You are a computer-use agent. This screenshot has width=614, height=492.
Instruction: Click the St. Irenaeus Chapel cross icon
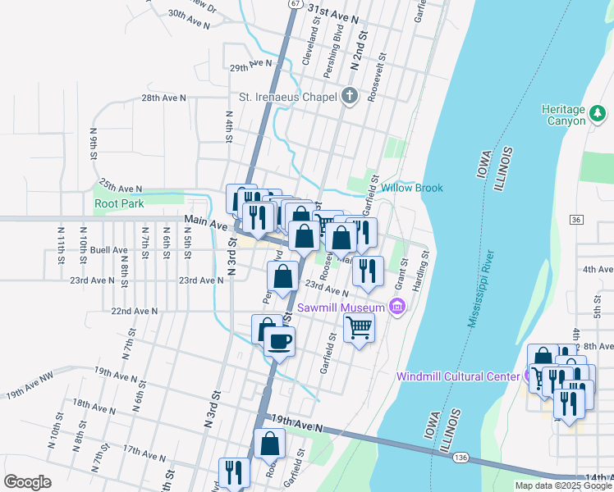[350, 97]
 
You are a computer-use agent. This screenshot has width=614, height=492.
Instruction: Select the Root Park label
[119, 203]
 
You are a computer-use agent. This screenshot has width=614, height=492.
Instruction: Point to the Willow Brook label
[411, 188]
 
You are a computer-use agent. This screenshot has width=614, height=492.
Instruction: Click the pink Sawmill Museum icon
[397, 307]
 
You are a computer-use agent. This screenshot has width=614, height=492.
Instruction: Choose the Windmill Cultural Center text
[456, 376]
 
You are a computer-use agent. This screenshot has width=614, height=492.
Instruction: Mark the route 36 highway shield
[575, 220]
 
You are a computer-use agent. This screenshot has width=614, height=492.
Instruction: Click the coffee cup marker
[279, 340]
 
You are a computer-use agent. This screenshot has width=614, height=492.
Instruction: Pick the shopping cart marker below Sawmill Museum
[359, 329]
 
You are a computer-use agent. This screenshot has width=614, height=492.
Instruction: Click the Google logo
[27, 481]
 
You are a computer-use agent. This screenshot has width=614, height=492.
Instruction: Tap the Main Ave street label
[206, 221]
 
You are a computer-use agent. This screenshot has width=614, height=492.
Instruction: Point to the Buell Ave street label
[109, 249]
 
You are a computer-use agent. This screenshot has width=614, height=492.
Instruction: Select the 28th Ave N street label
[164, 98]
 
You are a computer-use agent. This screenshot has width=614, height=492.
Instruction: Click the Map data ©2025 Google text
[563, 485]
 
